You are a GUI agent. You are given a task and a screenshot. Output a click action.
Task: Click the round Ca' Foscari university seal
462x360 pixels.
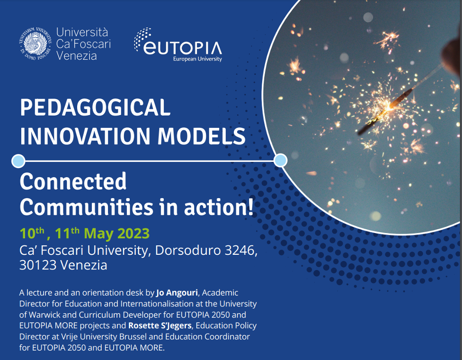[35, 44]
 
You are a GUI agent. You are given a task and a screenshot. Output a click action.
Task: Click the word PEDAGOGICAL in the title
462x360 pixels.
[95, 108]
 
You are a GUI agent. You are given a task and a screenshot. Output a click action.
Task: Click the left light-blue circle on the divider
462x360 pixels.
[18, 161]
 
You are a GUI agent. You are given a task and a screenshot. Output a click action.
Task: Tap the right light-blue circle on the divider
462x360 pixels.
[280, 161]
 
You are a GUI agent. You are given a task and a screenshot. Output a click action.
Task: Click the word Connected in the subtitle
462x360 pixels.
[73, 182]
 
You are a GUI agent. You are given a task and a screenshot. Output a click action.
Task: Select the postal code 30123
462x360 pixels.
[37, 265]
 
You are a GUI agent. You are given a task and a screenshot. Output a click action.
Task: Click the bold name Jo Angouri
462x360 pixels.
[177, 292]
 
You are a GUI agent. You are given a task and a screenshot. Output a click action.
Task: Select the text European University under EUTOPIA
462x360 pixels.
[197, 59]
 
